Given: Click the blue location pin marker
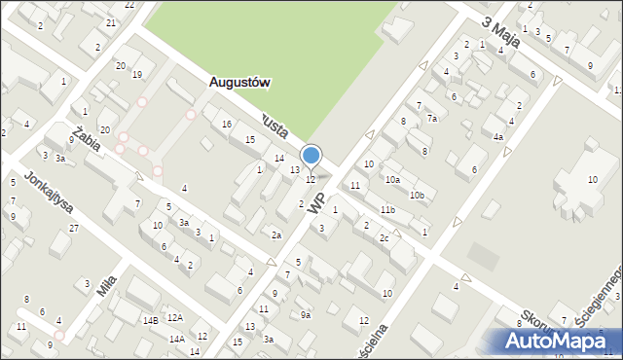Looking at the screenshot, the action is [x=311, y=156].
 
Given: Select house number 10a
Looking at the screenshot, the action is [x=392, y=179].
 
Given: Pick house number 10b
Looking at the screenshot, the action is [x=417, y=196].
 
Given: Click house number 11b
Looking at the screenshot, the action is [x=387, y=210].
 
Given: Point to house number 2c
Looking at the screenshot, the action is [x=385, y=238].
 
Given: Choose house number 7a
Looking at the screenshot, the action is [x=431, y=118].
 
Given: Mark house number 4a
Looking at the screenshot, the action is [x=497, y=137].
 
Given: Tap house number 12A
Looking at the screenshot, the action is [x=174, y=317].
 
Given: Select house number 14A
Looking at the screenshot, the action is [x=176, y=340].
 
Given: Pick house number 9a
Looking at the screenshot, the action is [x=305, y=314].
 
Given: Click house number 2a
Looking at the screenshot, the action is [x=276, y=235].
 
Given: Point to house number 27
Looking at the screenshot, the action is [x=74, y=228].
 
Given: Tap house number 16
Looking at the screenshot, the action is [x=227, y=124].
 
